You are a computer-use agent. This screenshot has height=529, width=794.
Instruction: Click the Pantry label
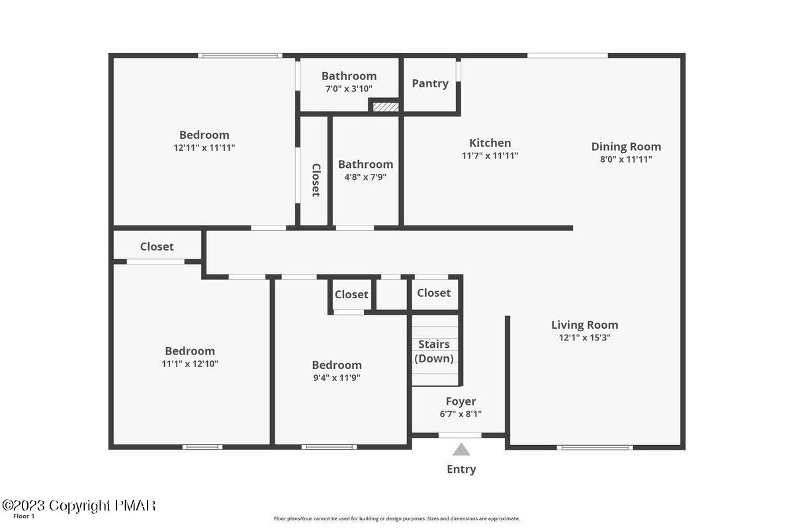[430, 83]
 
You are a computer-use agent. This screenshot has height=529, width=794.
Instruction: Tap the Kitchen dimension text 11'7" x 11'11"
[490, 156]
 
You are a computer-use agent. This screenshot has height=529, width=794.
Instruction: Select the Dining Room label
[626, 147]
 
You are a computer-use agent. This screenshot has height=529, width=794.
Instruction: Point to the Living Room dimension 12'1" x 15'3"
[585, 337]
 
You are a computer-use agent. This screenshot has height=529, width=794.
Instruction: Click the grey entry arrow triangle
[461, 450]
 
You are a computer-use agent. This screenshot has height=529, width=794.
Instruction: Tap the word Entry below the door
[461, 469]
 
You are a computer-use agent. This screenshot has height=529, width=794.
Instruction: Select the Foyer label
[461, 401]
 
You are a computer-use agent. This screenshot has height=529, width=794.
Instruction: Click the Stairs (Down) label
[434, 351]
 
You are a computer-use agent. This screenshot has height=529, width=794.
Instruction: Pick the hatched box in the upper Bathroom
[386, 106]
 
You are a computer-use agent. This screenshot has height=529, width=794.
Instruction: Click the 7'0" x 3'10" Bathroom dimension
[349, 89]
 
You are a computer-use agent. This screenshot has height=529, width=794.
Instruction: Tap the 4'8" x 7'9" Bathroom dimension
[365, 177]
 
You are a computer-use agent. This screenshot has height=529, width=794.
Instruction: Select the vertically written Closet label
[316, 180]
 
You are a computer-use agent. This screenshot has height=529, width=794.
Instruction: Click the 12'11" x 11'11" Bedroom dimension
[204, 148]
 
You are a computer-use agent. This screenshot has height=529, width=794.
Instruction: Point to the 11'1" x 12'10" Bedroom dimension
[190, 364]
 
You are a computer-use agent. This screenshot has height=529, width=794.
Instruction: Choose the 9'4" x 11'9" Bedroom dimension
[337, 378]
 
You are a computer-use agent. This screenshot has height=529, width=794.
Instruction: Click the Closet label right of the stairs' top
[433, 293]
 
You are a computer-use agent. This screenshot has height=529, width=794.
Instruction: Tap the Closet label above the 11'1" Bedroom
[157, 247]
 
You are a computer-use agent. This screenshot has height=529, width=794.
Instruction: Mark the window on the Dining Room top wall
[567, 56]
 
